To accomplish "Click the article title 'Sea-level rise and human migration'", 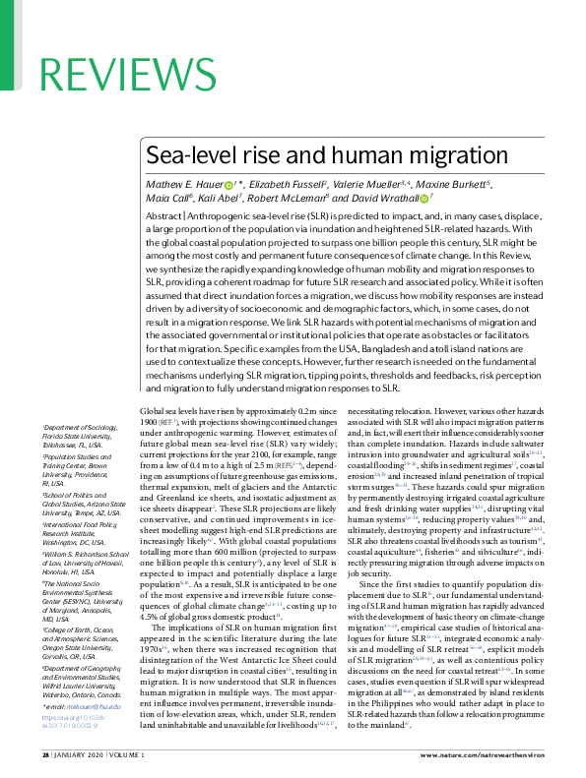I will (x=327, y=155).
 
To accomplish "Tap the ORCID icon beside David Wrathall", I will (x=424, y=200).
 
